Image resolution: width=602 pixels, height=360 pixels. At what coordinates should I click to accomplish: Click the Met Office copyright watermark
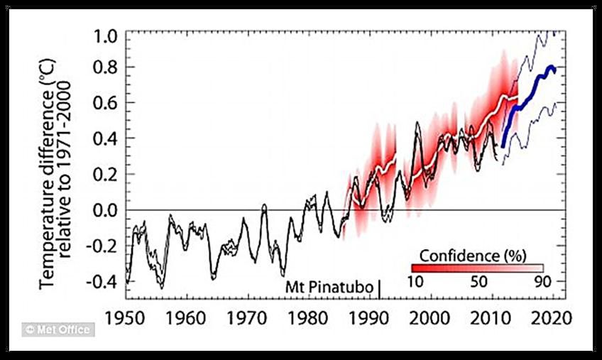(59, 330)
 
